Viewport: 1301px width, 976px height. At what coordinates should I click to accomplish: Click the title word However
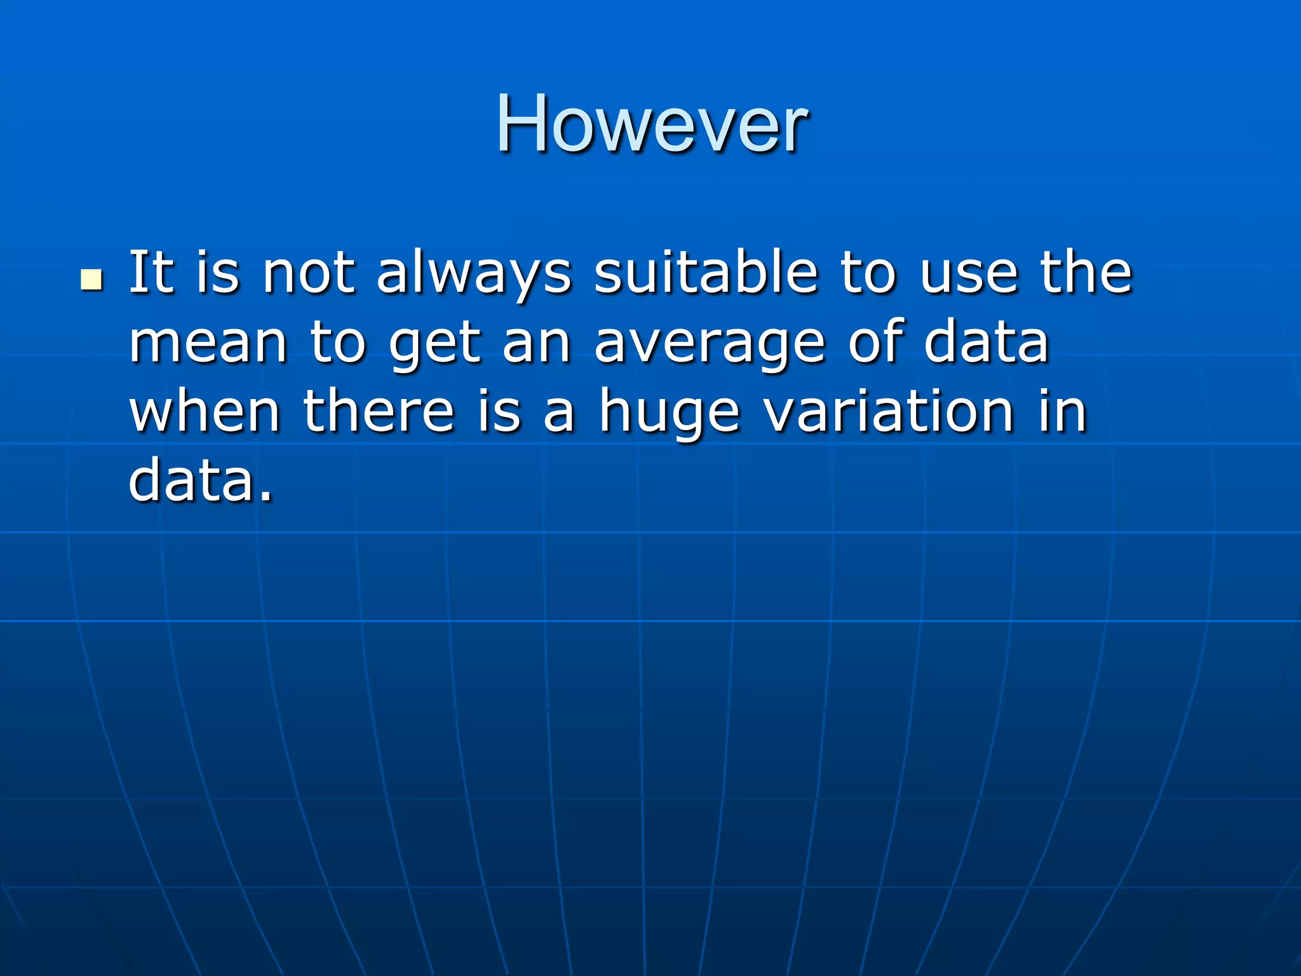tap(651, 124)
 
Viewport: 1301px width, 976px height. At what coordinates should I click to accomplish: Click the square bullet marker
tap(92, 280)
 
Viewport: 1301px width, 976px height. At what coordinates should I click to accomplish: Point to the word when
tap(205, 411)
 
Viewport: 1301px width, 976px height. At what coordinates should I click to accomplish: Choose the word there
tap(379, 411)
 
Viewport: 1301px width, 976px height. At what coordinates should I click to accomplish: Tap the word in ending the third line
tap(1063, 411)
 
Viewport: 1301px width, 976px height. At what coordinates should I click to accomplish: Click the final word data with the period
tap(201, 480)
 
